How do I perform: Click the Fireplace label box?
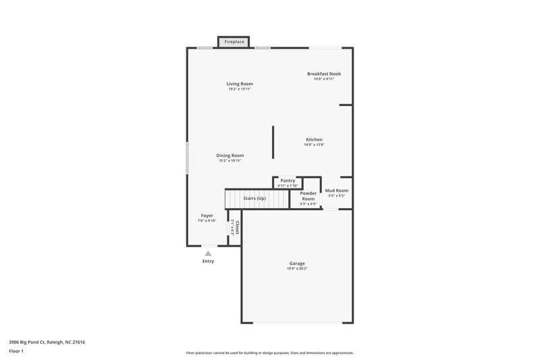[235, 42]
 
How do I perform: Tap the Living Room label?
[240, 84]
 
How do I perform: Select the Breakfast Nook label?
[321, 74]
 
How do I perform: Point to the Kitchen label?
[314, 139]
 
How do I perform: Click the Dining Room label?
[230, 155]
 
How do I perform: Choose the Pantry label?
[288, 181]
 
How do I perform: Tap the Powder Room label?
[308, 196]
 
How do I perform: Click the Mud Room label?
[336, 190]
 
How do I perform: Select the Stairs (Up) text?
[254, 198]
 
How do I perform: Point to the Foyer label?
[207, 215]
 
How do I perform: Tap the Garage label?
[297, 263]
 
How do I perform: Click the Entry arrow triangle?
[208, 253]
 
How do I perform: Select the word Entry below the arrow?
[208, 261]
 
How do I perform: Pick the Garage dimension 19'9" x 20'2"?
[297, 269]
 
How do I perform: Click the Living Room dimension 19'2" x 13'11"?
[240, 89]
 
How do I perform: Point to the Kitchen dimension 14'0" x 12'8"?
[314, 145]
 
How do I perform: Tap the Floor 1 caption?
[17, 351]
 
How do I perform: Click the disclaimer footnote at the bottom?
[270, 353]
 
